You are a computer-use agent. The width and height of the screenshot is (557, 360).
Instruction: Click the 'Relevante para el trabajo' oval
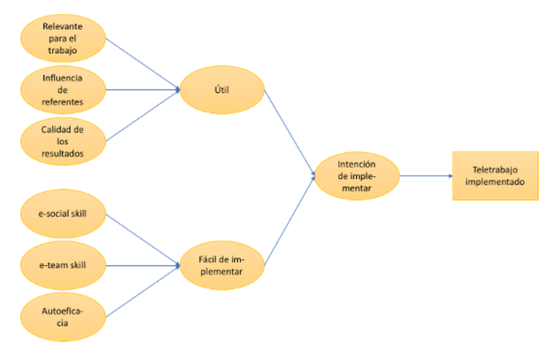(x=64, y=38)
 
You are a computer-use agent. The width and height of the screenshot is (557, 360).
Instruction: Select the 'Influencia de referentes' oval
(x=64, y=89)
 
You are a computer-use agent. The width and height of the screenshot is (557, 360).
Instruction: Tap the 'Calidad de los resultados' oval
(x=64, y=141)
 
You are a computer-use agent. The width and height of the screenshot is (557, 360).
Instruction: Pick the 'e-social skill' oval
(x=64, y=214)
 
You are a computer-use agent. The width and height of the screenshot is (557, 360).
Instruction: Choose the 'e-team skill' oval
(x=64, y=265)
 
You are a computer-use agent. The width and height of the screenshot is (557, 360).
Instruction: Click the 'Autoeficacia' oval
(x=64, y=316)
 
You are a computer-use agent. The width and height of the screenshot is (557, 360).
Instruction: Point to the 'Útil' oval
(x=222, y=89)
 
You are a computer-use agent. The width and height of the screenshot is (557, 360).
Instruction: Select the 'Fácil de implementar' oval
(x=222, y=265)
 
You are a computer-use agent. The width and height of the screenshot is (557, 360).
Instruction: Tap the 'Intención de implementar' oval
(x=357, y=176)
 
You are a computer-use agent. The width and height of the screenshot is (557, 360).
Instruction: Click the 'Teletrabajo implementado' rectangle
(x=495, y=176)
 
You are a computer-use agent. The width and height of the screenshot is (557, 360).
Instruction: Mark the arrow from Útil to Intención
(x=290, y=132)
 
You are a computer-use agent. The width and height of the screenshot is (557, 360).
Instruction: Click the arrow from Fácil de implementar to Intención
(x=290, y=220)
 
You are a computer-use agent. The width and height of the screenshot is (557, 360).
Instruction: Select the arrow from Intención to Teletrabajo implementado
(x=426, y=176)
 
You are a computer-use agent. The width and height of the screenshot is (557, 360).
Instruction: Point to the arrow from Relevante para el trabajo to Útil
(x=143, y=64)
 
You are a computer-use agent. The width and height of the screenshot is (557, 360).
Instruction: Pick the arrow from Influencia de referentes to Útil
(x=143, y=89)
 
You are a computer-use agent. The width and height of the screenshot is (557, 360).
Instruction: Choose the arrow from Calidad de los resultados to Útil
(x=143, y=115)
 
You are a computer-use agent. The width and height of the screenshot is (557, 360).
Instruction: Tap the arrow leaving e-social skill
(x=143, y=240)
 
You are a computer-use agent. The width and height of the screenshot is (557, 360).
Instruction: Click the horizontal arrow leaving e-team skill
(x=143, y=265)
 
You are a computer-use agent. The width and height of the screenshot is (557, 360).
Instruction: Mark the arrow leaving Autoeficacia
(x=143, y=291)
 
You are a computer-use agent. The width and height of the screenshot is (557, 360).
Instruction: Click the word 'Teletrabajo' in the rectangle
(x=495, y=170)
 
